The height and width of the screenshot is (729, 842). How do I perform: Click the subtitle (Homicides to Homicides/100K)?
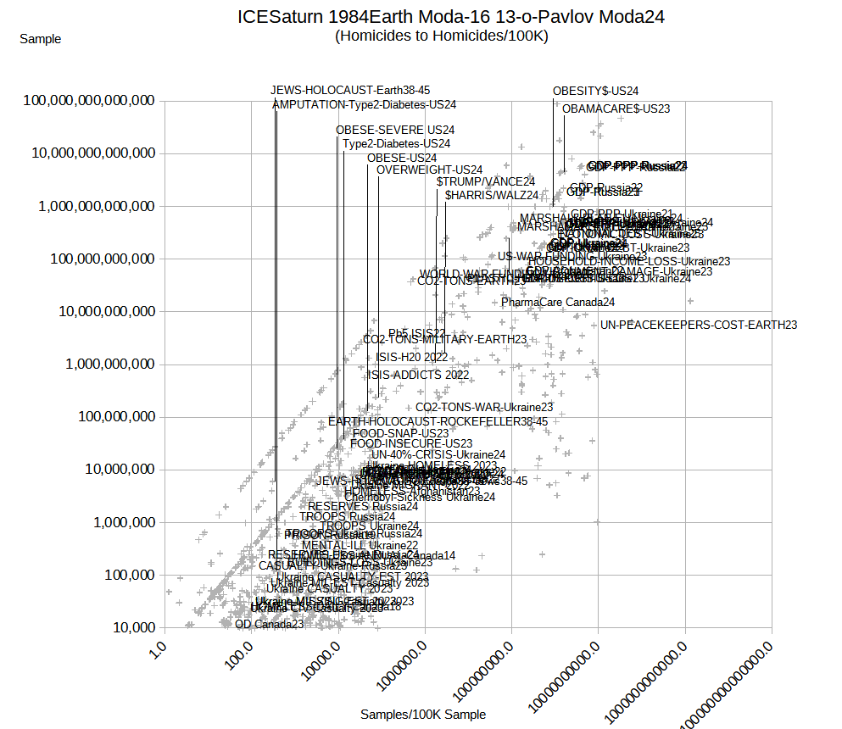point(441,36)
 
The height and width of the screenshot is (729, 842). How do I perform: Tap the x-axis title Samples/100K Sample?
point(423,715)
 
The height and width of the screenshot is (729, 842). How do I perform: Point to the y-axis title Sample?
point(40,38)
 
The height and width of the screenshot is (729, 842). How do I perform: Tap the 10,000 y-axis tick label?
point(128,627)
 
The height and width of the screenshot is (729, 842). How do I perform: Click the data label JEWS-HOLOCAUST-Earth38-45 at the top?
point(350,90)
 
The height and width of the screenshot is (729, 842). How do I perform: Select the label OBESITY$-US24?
point(595,91)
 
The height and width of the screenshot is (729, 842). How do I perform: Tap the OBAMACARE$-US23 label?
point(616,109)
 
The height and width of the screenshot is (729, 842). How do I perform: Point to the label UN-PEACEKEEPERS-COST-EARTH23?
point(699,325)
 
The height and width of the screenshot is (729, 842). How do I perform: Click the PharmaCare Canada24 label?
point(558,302)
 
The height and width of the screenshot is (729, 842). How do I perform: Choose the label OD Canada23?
point(269,624)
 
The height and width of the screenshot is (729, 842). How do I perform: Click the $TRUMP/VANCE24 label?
point(486,181)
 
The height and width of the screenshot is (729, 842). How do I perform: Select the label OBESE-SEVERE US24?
point(395,130)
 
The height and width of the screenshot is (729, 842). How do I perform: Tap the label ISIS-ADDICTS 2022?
point(418,375)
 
